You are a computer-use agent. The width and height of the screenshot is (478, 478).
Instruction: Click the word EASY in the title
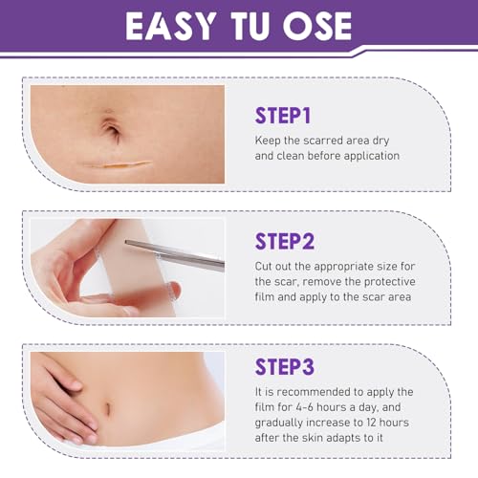(x=170, y=27)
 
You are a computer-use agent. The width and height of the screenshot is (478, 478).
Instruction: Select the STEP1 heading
(x=283, y=116)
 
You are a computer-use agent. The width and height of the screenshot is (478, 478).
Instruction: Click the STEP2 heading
(x=285, y=241)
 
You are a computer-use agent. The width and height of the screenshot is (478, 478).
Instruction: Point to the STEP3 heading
(x=285, y=367)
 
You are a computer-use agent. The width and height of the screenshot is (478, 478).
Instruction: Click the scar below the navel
(x=118, y=164)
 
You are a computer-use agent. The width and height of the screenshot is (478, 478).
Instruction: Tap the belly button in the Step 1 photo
(x=111, y=129)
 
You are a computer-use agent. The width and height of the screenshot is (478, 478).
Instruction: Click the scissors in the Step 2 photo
(x=175, y=255)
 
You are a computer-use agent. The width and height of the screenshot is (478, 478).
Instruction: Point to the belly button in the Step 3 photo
(x=108, y=408)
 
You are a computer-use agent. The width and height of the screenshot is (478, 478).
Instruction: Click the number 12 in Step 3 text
(x=368, y=423)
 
